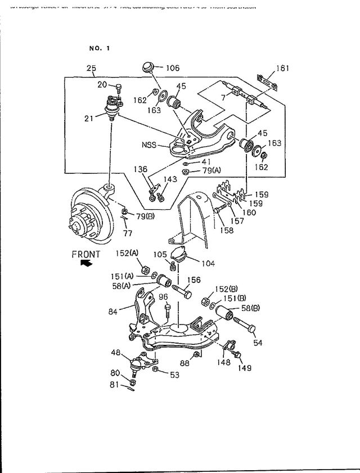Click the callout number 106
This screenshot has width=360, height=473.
click(172, 68)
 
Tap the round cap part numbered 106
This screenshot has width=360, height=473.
click(149, 67)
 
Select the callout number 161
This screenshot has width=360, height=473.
click(282, 69)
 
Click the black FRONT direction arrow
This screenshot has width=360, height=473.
click(86, 263)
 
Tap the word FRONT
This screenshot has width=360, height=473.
click(85, 254)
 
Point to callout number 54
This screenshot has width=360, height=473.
click(258, 343)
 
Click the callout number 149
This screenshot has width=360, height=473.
click(244, 368)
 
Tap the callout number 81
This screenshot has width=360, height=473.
click(114, 385)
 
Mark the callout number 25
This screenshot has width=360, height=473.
click(91, 69)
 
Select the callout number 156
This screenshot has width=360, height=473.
click(193, 280)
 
